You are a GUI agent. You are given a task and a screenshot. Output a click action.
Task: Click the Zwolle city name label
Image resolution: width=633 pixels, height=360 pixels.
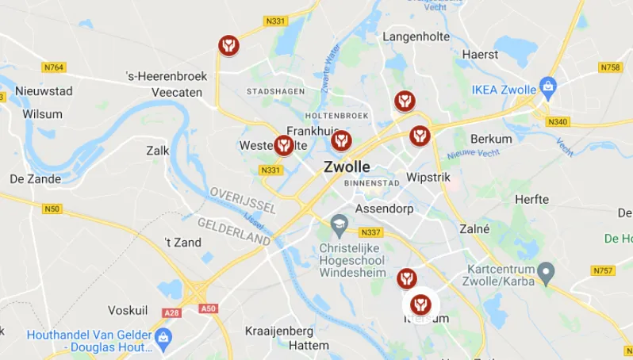(347, 167)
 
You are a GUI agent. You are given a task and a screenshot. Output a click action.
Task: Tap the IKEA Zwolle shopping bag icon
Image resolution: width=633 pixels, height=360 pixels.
(547, 86)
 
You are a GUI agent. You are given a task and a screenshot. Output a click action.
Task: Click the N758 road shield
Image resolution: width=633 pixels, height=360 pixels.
(610, 67)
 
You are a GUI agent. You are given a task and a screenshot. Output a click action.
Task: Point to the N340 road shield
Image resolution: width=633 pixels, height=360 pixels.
(558, 121)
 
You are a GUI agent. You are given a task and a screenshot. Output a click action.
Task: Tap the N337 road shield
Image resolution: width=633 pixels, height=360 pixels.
(370, 232)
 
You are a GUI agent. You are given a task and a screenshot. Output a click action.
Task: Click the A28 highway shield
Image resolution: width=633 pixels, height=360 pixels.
(172, 313)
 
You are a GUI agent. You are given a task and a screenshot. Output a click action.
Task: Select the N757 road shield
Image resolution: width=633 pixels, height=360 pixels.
(603, 270)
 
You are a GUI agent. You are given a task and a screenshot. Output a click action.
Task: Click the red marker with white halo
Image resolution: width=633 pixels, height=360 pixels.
(420, 303)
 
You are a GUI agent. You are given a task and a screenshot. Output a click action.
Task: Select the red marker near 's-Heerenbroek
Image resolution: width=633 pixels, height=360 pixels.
(228, 44)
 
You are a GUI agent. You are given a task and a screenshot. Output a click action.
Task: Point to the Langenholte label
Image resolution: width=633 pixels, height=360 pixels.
(416, 36)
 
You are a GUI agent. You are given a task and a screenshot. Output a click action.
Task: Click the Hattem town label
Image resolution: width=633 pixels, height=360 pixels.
(309, 346)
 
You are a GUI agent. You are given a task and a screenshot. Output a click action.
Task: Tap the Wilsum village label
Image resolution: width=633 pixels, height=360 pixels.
(42, 113)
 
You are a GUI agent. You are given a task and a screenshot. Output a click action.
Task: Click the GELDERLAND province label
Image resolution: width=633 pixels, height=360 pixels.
(233, 232)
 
